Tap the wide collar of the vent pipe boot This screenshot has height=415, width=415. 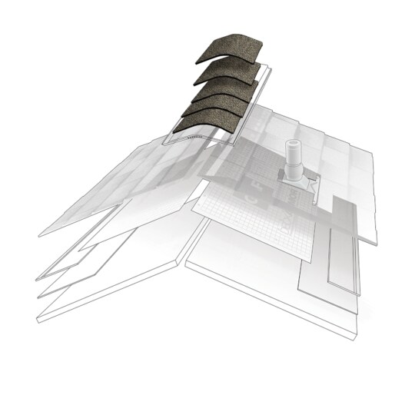click(x=292, y=173)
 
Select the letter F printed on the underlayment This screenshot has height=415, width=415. click(x=253, y=185)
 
